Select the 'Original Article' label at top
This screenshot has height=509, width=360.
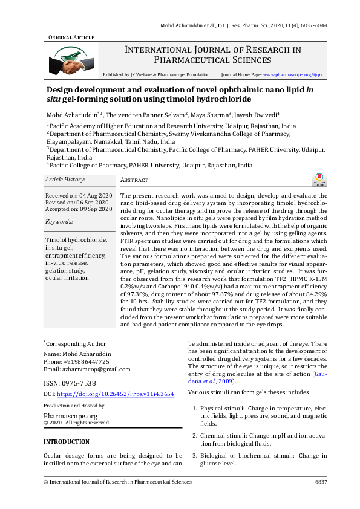71,37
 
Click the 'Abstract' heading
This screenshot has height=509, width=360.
134,180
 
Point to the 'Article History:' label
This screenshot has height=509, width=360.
65,180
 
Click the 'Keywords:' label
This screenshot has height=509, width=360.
58,222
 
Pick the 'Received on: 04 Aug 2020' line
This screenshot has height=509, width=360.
79,196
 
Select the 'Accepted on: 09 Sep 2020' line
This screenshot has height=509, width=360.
79,209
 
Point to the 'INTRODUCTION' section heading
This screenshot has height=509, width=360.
67,442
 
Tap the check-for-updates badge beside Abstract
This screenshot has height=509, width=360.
318,180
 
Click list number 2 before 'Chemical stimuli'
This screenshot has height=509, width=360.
194,435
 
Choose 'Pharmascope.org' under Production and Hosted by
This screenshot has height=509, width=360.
70,416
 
